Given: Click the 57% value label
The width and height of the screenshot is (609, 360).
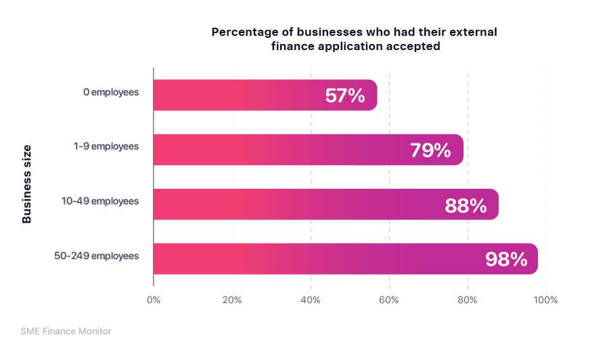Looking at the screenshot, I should point(345,96).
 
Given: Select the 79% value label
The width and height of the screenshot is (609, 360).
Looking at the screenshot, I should point(430,150).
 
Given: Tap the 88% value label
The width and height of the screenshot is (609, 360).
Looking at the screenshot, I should point(466,205).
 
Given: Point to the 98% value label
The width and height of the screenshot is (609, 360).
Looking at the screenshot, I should point(506,259).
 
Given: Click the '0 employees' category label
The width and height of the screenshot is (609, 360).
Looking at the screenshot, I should point(111,92).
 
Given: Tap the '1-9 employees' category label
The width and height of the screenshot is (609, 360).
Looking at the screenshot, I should point(106,146).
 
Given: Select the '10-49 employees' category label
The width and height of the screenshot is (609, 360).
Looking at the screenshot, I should point(101,201).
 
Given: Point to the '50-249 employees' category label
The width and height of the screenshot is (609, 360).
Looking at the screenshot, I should point(97,256).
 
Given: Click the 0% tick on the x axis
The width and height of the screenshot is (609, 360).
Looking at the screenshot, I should point(154,300).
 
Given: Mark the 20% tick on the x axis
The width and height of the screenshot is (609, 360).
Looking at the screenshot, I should point(232,300).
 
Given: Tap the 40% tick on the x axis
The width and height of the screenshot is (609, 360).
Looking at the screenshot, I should point(311,300).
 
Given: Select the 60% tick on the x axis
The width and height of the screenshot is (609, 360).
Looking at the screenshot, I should point(389,300).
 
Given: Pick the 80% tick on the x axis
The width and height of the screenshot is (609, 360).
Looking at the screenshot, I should point(468,300).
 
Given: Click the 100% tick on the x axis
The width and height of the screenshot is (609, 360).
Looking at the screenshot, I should point(545,300).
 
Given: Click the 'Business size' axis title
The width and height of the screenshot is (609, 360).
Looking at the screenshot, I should point(27,183).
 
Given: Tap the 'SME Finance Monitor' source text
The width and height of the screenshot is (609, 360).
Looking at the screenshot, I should point(66,331).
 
